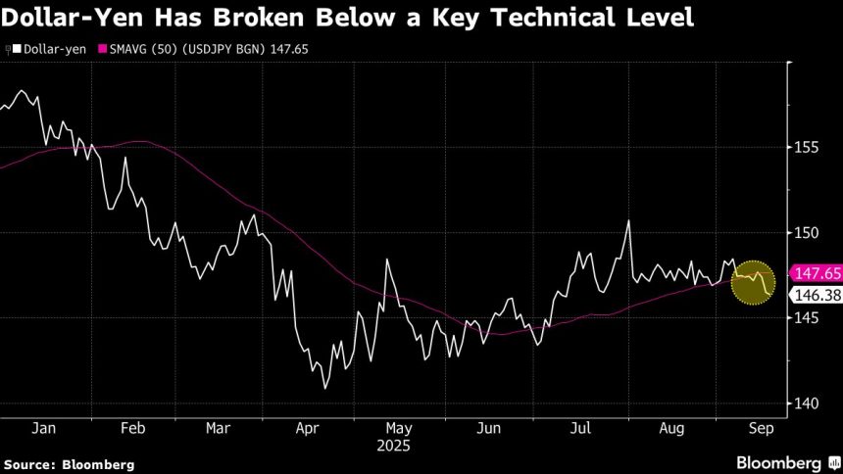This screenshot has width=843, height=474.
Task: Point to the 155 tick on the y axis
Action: (807, 147)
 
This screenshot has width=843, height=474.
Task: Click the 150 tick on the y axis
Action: (807, 232)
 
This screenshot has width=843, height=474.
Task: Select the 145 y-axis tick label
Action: (807, 318)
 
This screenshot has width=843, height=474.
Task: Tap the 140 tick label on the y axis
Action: (807, 403)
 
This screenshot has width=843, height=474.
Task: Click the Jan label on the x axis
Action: (44, 428)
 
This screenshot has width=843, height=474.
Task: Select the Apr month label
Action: (308, 428)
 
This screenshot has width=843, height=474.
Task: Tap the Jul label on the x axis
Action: (581, 428)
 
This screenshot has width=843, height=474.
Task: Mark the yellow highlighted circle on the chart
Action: (754, 283)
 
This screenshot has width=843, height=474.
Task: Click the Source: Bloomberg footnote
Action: (69, 463)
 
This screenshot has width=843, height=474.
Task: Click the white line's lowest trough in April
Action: (324, 388)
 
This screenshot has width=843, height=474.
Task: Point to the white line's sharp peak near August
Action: (627, 221)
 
